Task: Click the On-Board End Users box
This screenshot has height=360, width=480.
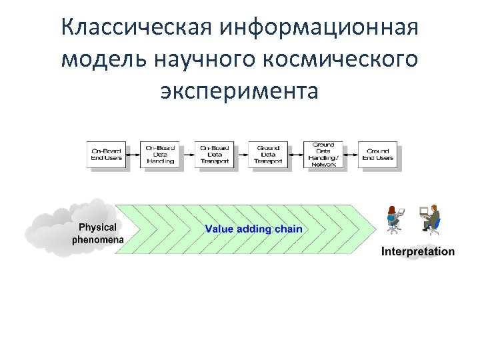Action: pyautogui.click(x=107, y=155)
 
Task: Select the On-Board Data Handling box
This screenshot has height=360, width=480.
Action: pyautogui.click(x=160, y=155)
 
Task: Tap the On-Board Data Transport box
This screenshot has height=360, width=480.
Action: pyautogui.click(x=215, y=155)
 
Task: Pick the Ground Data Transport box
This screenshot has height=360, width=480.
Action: pyautogui.click(x=268, y=155)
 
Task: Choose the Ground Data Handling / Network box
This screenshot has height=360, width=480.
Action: pyautogui.click(x=323, y=155)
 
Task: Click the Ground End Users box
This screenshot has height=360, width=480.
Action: pyautogui.click(x=377, y=155)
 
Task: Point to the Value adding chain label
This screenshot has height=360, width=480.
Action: pyautogui.click(x=253, y=229)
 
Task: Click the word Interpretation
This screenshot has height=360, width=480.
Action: pyautogui.click(x=418, y=252)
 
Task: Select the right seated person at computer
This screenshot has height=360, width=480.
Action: pyautogui.click(x=431, y=218)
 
